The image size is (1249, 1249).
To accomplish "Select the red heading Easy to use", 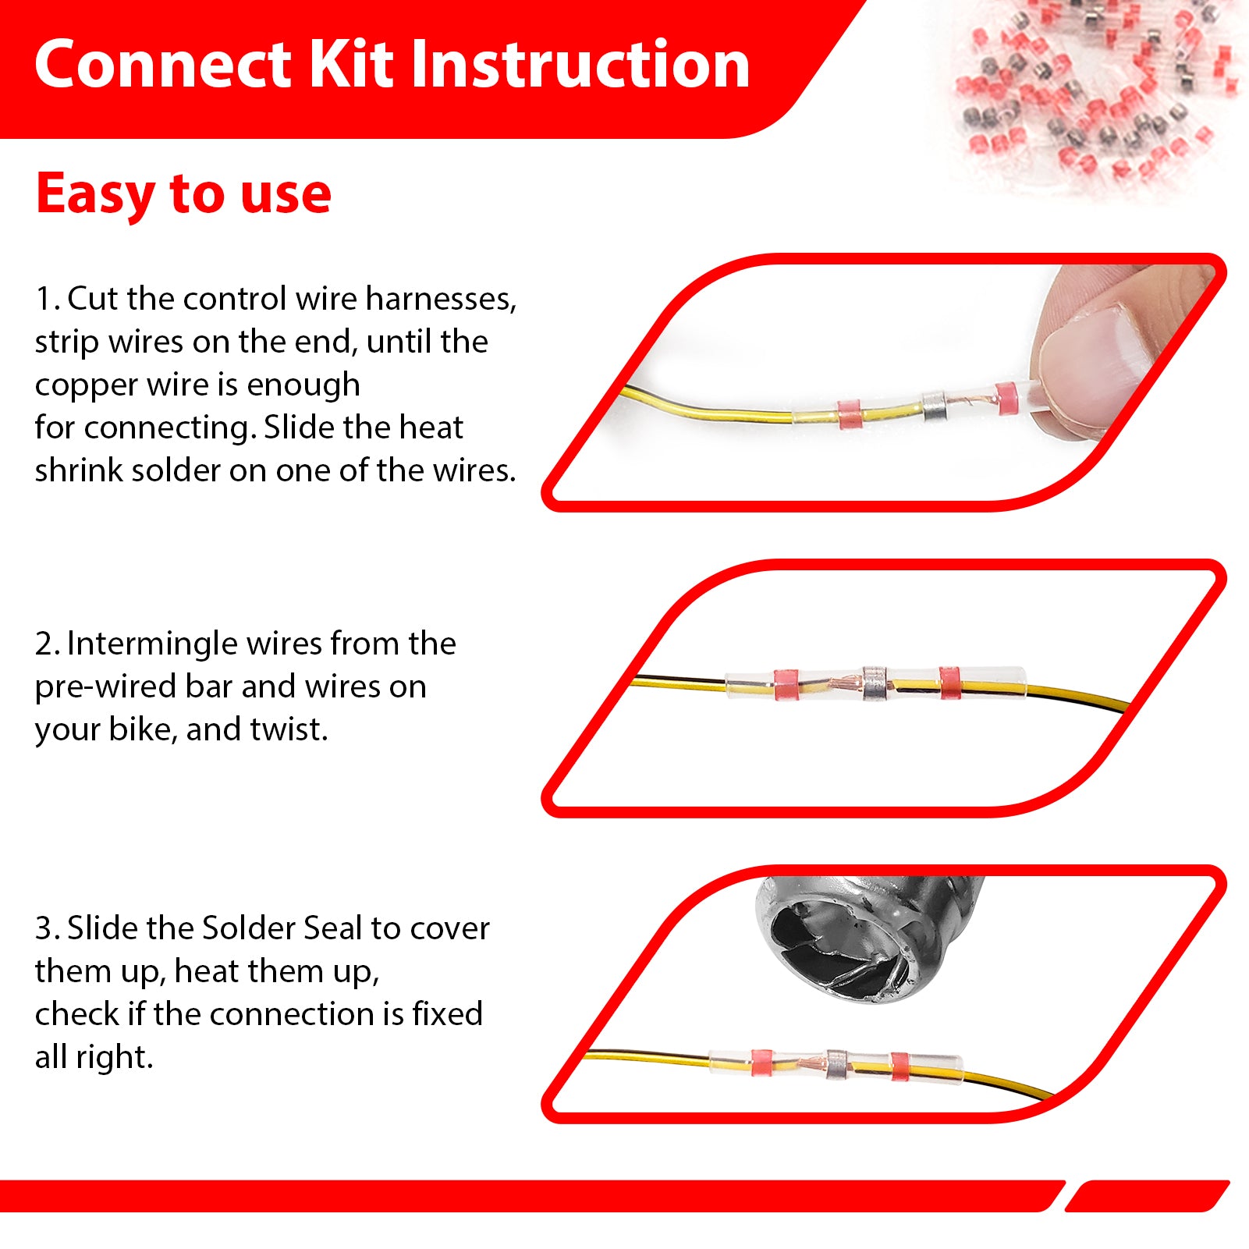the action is [x=183, y=194].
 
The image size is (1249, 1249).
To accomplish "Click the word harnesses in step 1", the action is [x=441, y=299].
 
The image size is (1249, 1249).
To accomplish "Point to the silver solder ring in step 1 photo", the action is [x=934, y=406].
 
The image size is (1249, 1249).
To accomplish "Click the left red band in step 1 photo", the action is [x=849, y=414].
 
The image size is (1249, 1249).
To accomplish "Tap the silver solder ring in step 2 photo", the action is [x=875, y=683].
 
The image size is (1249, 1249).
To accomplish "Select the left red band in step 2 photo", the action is [x=786, y=684].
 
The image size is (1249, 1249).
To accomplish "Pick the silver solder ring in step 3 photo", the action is [x=837, y=1064].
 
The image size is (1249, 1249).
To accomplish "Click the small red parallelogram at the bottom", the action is [x=1147, y=1196].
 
